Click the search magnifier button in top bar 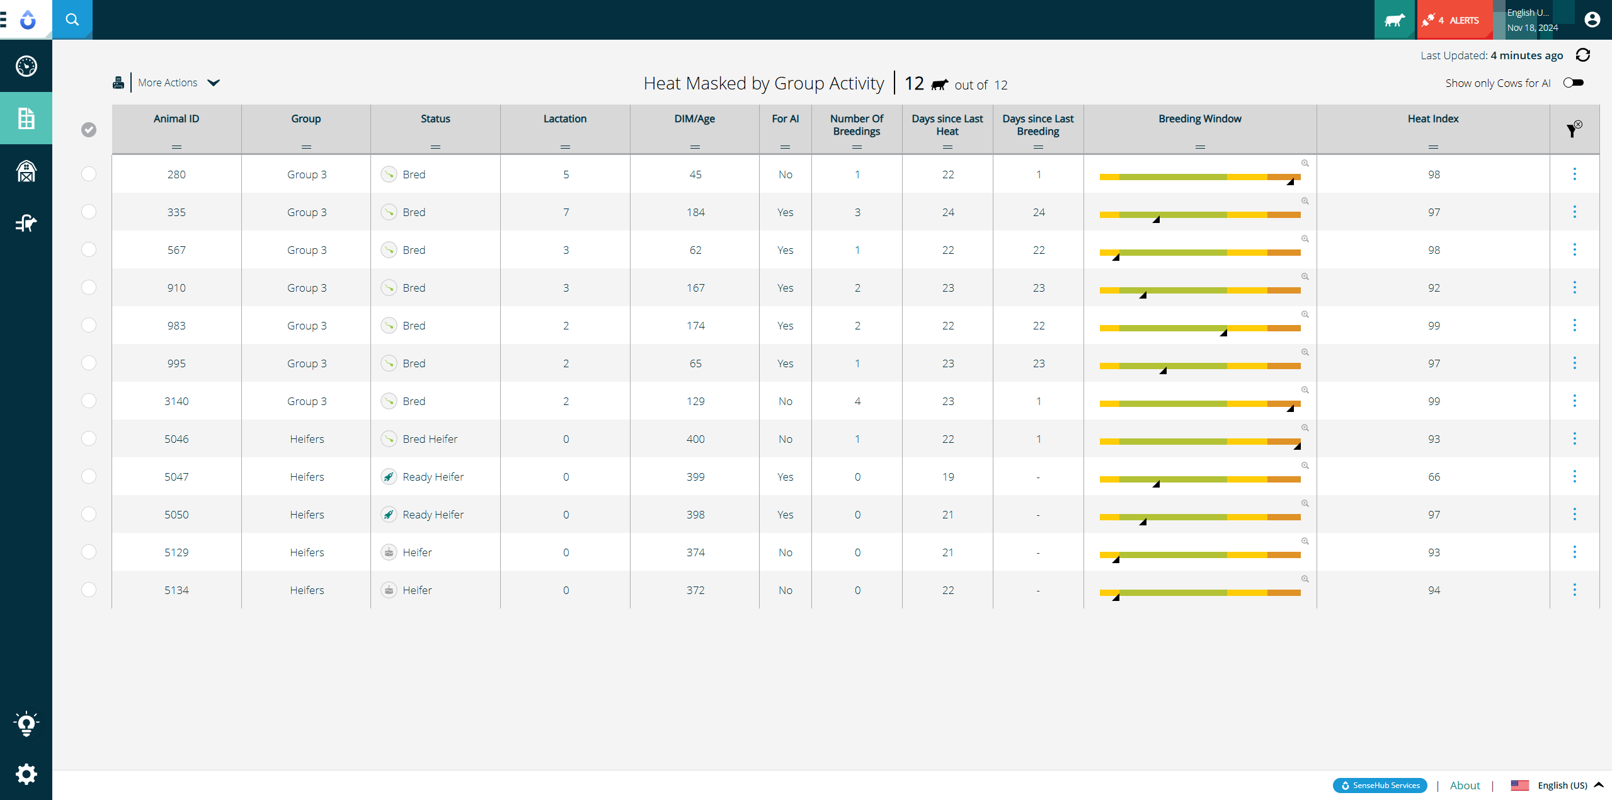[x=72, y=20]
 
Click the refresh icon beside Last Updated [x=1583, y=55]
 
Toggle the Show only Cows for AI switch [x=1573, y=83]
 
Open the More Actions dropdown [x=178, y=83]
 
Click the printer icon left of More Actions [x=118, y=83]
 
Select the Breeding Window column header [x=1199, y=118]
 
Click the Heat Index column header [x=1432, y=118]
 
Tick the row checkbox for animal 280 [x=89, y=174]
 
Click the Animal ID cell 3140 [x=176, y=401]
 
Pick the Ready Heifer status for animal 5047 [x=433, y=477]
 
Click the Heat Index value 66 [x=1434, y=477]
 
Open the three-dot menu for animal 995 [x=1574, y=363]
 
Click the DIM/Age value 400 [x=695, y=439]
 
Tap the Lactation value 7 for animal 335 [x=566, y=212]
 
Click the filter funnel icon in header [x=1572, y=130]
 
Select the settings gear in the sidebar [x=26, y=774]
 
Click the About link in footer [x=1465, y=786]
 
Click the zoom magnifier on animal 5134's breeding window [x=1305, y=579]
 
